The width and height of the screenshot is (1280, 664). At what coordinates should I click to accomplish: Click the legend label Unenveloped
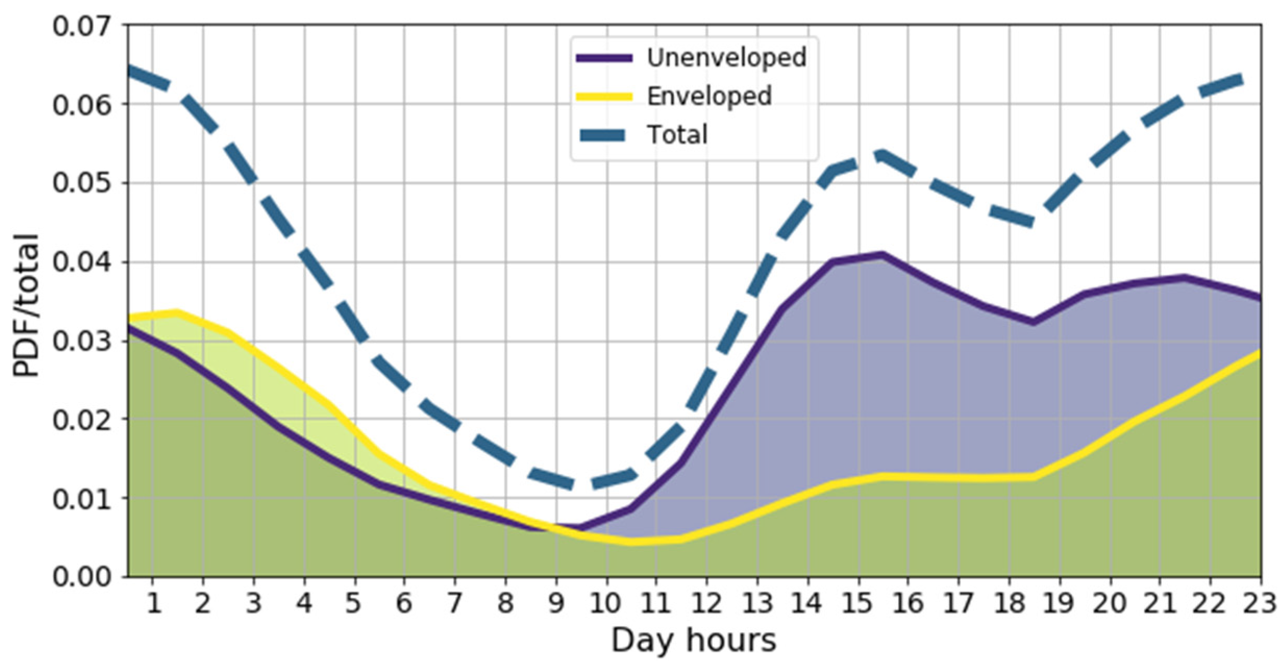point(726,57)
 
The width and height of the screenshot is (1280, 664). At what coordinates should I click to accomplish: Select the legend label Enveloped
point(709,96)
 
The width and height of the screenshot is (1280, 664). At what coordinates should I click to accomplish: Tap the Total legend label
point(677,135)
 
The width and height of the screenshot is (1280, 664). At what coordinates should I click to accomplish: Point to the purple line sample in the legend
point(604,58)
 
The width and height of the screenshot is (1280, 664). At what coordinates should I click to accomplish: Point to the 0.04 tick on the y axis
point(83,262)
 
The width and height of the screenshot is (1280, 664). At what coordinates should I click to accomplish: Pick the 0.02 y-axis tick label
point(83,420)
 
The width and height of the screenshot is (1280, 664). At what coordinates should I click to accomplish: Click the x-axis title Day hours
point(693,640)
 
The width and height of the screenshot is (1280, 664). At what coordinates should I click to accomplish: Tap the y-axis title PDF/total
point(26,305)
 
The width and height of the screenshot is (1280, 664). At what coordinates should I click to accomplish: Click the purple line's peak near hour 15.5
point(882,255)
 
